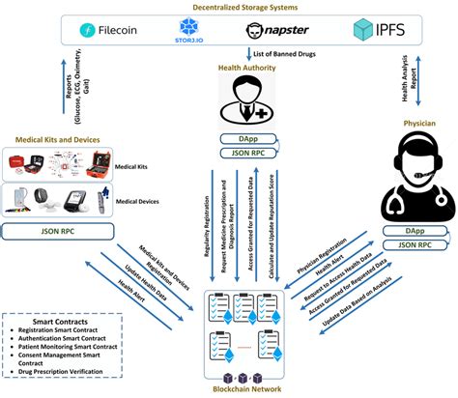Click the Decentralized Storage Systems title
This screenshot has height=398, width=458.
229,7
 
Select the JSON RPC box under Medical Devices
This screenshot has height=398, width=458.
60,231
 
